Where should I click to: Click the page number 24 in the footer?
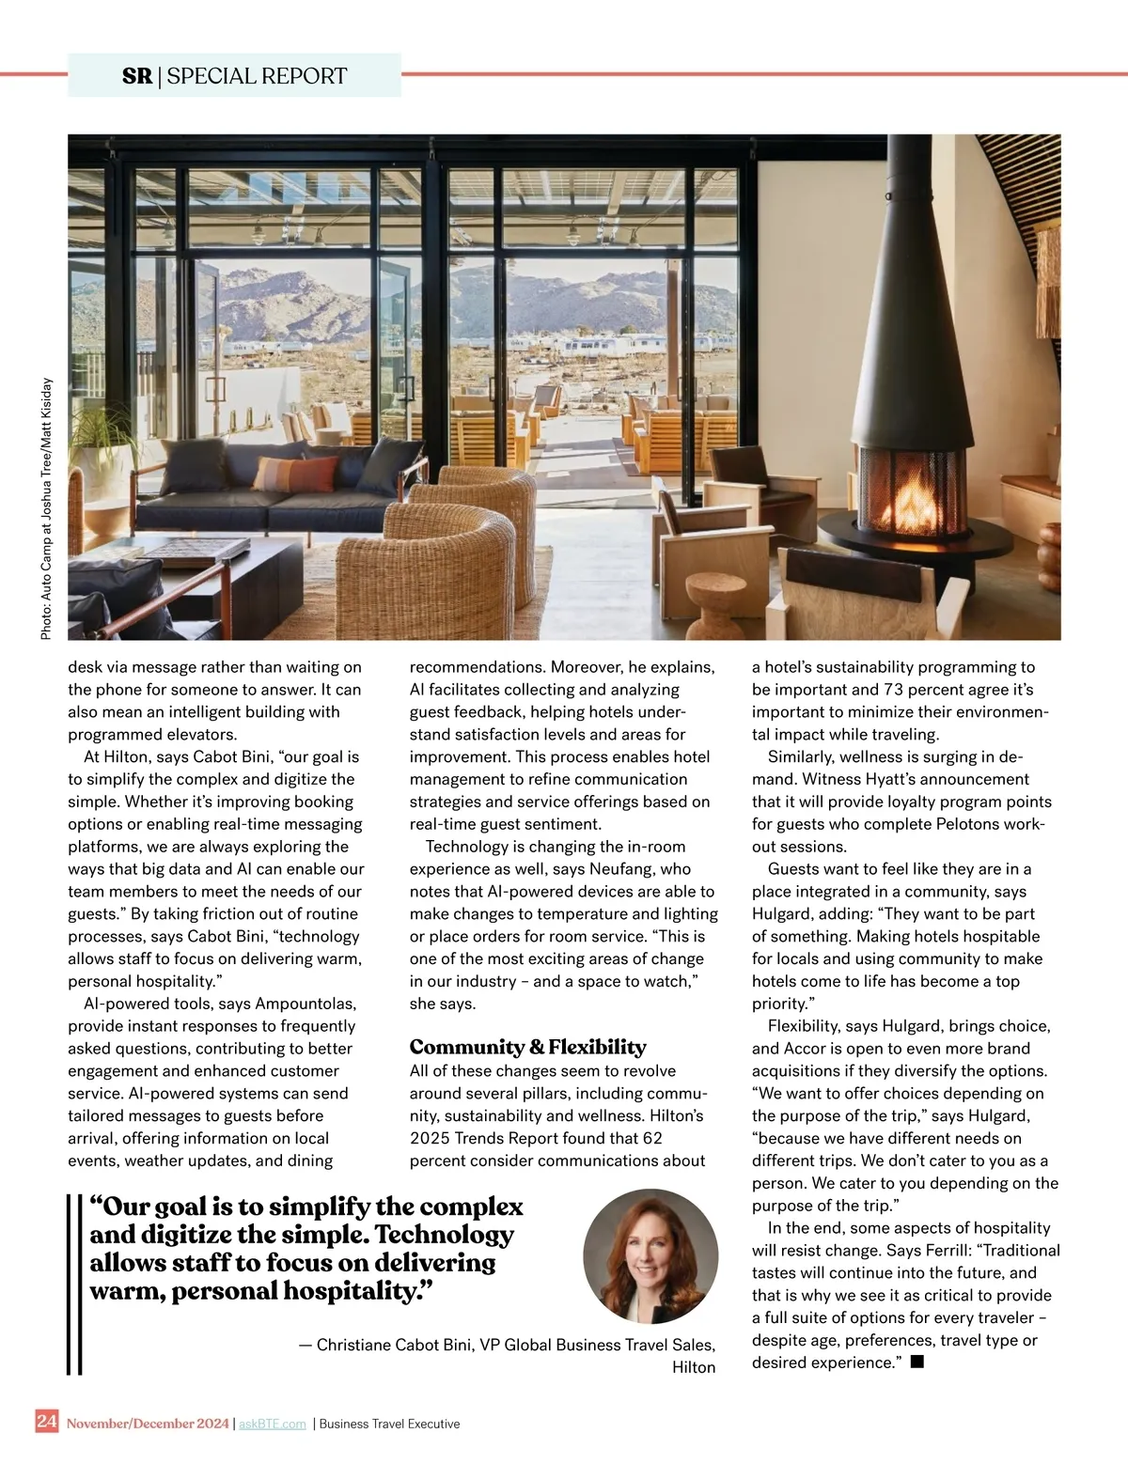click(46, 1421)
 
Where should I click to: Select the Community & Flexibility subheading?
click(527, 1047)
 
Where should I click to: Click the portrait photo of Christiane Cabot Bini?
click(650, 1256)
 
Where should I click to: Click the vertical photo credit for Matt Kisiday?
click(46, 509)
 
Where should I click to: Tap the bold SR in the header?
click(137, 76)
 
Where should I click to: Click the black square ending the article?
click(917, 1362)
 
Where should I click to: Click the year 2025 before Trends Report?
click(431, 1138)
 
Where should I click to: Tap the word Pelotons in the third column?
click(978, 824)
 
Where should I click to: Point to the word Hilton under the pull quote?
click(694, 1367)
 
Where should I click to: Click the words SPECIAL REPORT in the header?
click(257, 76)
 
